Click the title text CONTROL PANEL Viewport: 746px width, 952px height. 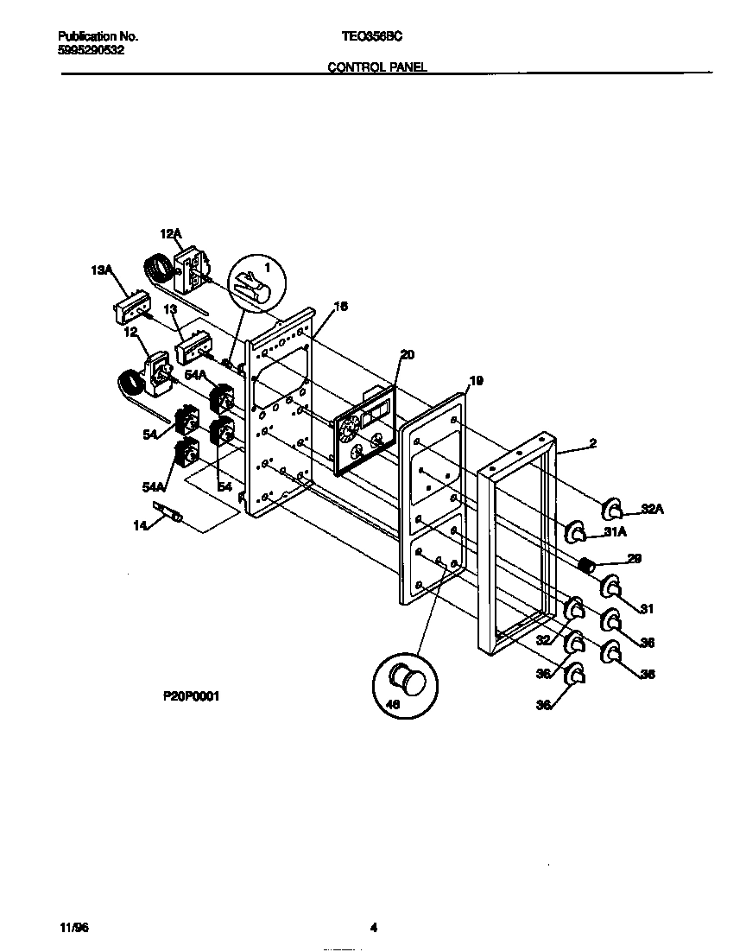[377, 67]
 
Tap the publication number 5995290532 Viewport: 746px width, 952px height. [91, 50]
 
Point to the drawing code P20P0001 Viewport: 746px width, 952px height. [190, 695]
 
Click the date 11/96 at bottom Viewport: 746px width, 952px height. [75, 928]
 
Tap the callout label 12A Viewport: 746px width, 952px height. [171, 234]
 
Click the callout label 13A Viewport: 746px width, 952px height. [102, 270]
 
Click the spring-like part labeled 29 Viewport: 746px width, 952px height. [587, 567]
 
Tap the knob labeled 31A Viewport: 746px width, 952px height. [576, 530]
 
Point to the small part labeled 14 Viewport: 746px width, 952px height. [168, 513]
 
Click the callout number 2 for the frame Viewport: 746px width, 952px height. [592, 443]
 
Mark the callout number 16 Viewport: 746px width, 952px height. [340, 306]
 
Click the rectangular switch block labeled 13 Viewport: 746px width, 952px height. [192, 350]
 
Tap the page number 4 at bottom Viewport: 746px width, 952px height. [374, 929]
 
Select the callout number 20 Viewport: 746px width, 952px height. [408, 354]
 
